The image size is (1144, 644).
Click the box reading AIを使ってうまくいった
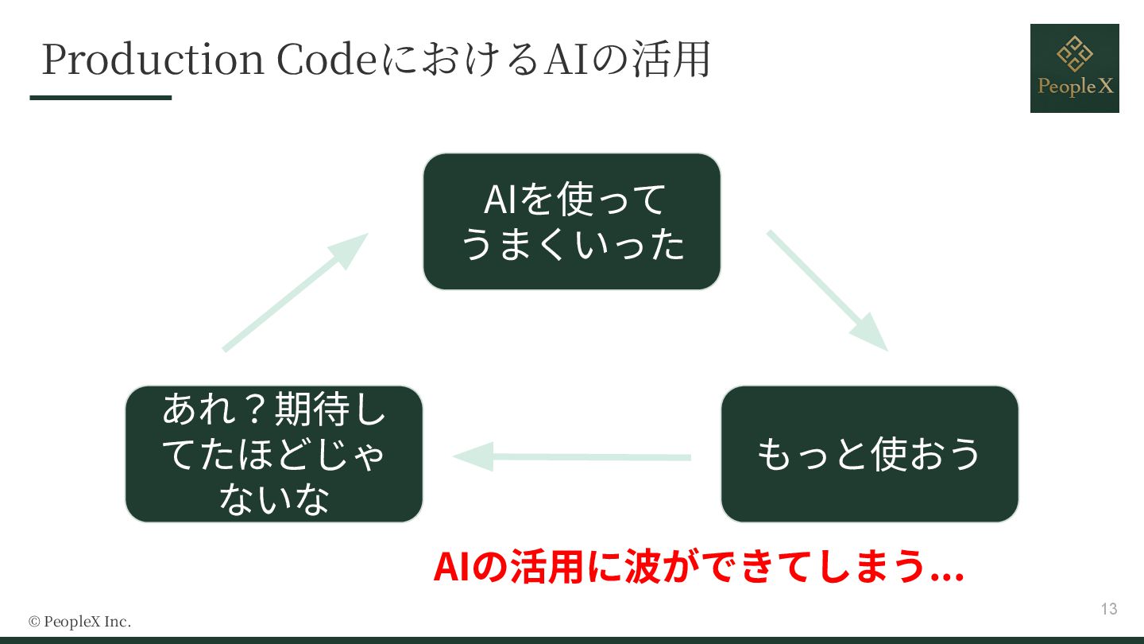tap(571, 221)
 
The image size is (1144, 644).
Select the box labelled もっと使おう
tap(869, 454)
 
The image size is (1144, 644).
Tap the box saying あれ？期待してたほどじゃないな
tap(274, 454)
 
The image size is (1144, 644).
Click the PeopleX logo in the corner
tap(1074, 68)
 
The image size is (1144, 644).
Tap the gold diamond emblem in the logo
tap(1074, 52)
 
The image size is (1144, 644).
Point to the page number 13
tap(1109, 609)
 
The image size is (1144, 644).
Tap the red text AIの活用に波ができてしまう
tap(698, 566)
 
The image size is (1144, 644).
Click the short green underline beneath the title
tap(101, 98)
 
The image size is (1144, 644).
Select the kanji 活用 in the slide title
tap(668, 60)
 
